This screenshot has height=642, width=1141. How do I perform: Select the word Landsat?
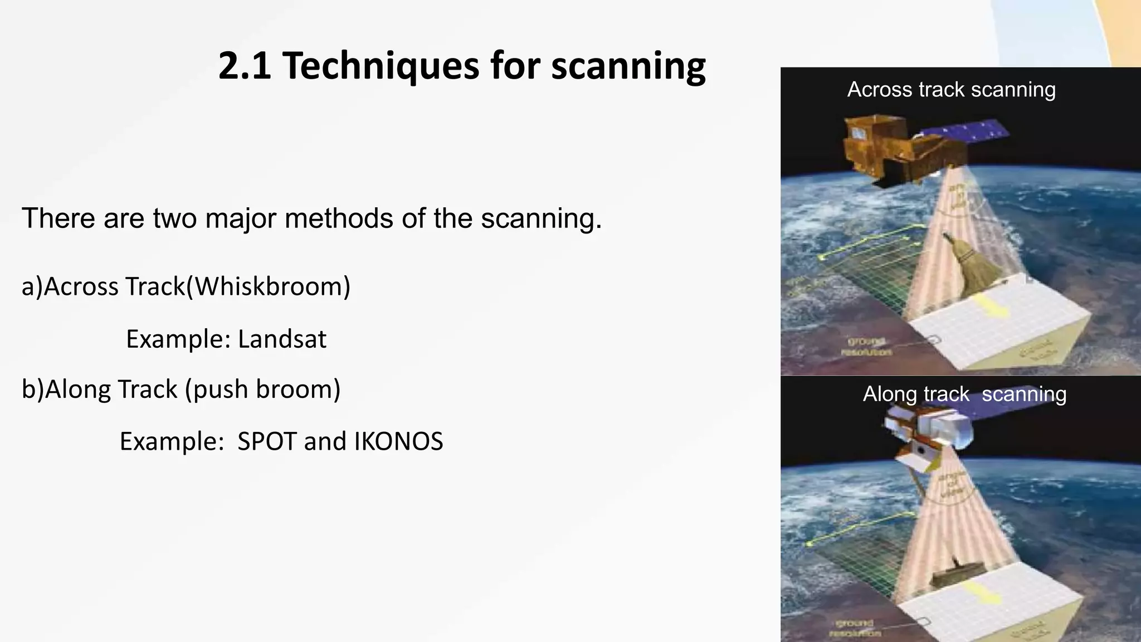point(282,339)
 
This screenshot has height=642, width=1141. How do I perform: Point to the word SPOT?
point(267,441)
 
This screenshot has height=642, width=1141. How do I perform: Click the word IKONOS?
point(398,441)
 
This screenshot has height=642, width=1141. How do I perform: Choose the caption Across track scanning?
point(951,89)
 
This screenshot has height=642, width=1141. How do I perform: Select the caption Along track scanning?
point(964,394)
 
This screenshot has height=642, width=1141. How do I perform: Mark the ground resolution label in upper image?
point(866,346)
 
